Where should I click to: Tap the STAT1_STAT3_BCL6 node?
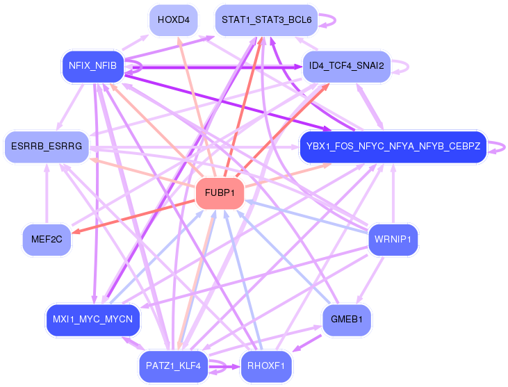[x=266, y=20]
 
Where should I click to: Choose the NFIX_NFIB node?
[x=92, y=67]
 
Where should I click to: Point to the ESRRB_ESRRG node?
[x=47, y=147]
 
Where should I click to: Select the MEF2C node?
[x=47, y=239]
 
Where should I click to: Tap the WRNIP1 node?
[x=393, y=239]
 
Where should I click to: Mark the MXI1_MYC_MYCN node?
[x=92, y=320]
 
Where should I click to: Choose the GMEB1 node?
[x=347, y=320]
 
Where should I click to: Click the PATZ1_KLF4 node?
[x=173, y=365]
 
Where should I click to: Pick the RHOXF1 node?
[x=266, y=365]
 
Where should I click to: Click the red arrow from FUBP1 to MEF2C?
[x=132, y=216]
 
